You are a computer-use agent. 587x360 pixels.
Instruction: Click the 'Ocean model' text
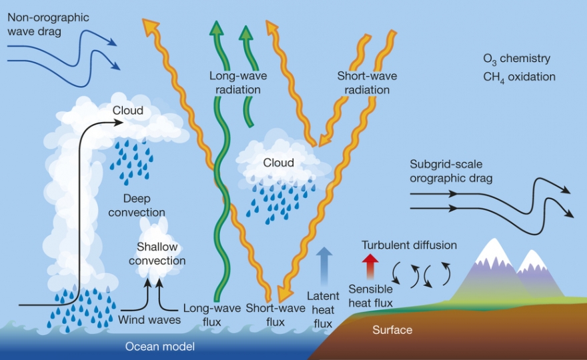coord(160,346)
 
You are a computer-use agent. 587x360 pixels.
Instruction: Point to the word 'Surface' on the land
coord(392,330)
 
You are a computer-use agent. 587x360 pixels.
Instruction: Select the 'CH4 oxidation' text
coord(520,77)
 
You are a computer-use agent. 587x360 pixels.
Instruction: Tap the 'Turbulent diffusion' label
coord(409,245)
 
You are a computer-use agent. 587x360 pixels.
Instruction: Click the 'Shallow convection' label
coord(157,254)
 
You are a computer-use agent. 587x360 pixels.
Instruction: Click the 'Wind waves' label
coord(149,320)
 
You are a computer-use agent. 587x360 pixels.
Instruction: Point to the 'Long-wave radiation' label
coord(234,83)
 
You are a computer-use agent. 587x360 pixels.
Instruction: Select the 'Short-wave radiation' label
coord(367,83)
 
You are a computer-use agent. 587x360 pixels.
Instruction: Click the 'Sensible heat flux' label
coord(371,297)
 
